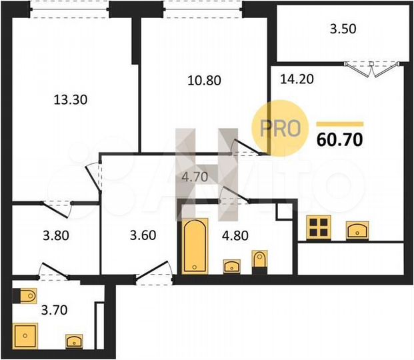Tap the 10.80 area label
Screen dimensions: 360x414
[x=203, y=81]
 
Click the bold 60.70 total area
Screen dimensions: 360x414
[x=339, y=141]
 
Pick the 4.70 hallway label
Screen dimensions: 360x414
[x=197, y=177]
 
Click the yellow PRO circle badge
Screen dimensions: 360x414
[x=276, y=126]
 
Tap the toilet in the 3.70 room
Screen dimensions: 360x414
[x=27, y=295]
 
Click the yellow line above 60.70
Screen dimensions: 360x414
[x=339, y=124]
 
